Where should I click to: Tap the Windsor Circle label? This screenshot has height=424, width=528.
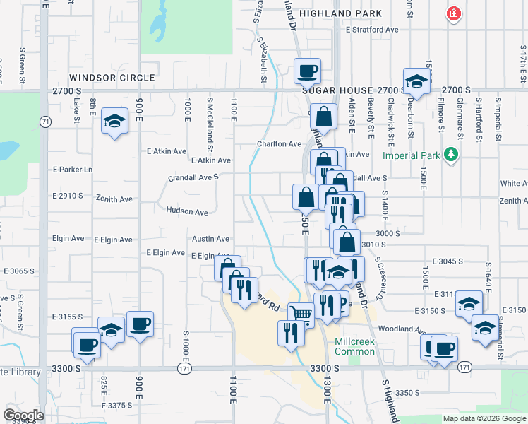point(112,77)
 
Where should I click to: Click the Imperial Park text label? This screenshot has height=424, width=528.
point(412,155)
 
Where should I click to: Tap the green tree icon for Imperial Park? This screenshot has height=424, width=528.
point(450,155)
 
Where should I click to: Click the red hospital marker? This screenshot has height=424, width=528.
point(452,13)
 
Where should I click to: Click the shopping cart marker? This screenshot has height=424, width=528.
point(301,313)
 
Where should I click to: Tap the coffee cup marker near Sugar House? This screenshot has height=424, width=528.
point(308,71)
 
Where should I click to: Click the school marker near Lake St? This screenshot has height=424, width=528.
point(114,120)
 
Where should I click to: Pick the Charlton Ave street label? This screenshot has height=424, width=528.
point(279,143)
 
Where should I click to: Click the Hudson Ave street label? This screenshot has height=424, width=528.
point(187,211)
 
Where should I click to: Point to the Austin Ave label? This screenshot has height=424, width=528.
point(211,239)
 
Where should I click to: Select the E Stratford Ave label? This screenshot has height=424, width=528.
point(373,30)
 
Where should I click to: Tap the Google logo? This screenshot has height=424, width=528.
point(24,415)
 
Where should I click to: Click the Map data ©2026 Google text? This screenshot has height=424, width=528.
point(484,418)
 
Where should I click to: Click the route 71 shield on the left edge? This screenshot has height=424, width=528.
point(45,122)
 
